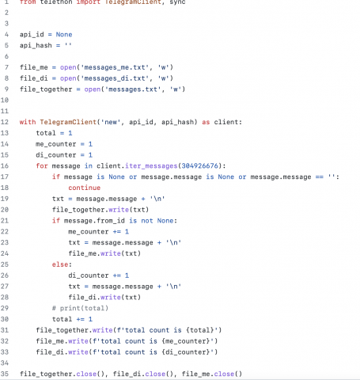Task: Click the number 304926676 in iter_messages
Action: tap(200, 165)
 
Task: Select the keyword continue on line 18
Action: tap(85, 188)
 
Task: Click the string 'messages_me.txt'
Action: tap(115, 67)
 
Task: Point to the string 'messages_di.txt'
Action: tap(115, 78)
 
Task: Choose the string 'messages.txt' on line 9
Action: tap(133, 89)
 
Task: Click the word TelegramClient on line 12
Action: tap(68, 122)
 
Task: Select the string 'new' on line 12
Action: tap(111, 122)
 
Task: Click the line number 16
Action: tap(5, 165)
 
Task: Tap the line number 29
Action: tap(5, 308)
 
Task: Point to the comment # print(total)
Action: tap(80, 308)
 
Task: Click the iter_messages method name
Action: tap(151, 165)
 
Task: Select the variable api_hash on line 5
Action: tap(36, 45)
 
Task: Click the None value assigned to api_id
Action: tap(64, 35)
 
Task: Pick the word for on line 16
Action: tap(42, 165)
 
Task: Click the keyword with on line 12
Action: tap(28, 122)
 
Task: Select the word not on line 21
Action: tap(147, 221)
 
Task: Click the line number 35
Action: tap(5, 374)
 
